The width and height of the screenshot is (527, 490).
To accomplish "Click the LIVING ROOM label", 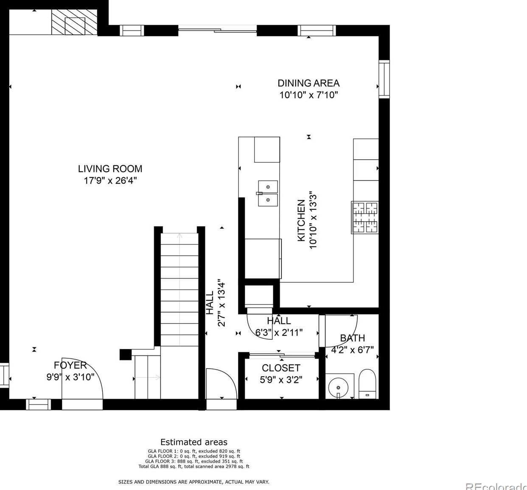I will [110, 169].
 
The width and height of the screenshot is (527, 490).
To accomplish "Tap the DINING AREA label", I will [308, 83].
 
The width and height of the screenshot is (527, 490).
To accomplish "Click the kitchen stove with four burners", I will [364, 217].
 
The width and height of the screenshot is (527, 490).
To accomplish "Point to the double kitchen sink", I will [268, 193].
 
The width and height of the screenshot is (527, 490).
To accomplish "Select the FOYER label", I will [70, 365].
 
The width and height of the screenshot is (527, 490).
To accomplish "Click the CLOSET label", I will [281, 368].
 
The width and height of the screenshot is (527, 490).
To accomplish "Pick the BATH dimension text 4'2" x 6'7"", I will [352, 350].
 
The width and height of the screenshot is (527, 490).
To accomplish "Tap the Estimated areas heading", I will [194, 442].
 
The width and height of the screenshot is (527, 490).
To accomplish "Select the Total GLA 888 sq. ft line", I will [194, 466].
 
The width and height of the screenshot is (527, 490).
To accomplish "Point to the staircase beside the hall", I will [179, 289].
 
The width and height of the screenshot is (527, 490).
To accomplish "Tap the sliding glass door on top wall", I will [217, 30].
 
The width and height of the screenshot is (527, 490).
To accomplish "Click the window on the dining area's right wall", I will [384, 79].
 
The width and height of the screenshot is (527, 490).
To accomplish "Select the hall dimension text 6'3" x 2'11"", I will [279, 332].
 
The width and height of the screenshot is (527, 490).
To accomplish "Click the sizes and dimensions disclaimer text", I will [193, 482].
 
